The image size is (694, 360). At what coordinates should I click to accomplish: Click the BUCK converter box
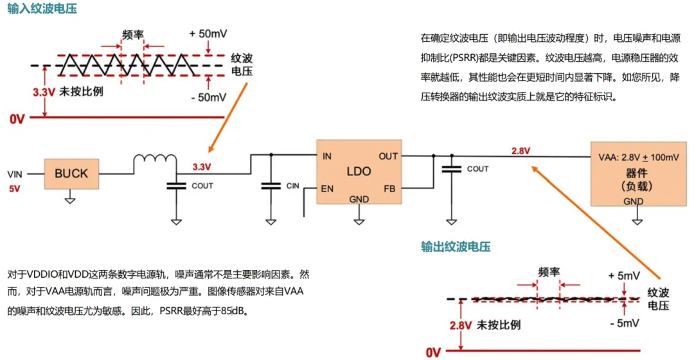(71, 174)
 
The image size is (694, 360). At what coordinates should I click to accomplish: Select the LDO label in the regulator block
(359, 172)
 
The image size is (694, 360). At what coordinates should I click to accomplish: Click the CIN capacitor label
(292, 186)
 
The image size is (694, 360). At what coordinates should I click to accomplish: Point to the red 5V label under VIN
(15, 190)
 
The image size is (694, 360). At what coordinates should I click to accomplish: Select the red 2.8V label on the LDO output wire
(520, 151)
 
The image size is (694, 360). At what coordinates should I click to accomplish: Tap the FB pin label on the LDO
(389, 189)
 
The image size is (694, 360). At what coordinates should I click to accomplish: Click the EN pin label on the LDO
(328, 189)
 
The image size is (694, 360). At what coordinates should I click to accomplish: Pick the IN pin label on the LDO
(326, 156)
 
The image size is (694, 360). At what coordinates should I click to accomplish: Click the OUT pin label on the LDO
(388, 156)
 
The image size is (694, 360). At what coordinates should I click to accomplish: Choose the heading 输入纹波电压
(39, 10)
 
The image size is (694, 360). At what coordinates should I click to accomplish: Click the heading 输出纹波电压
(456, 247)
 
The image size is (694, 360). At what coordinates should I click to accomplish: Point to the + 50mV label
(209, 33)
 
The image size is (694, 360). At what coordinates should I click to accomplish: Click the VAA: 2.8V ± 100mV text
(639, 157)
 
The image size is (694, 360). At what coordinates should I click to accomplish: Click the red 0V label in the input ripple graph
(17, 118)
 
